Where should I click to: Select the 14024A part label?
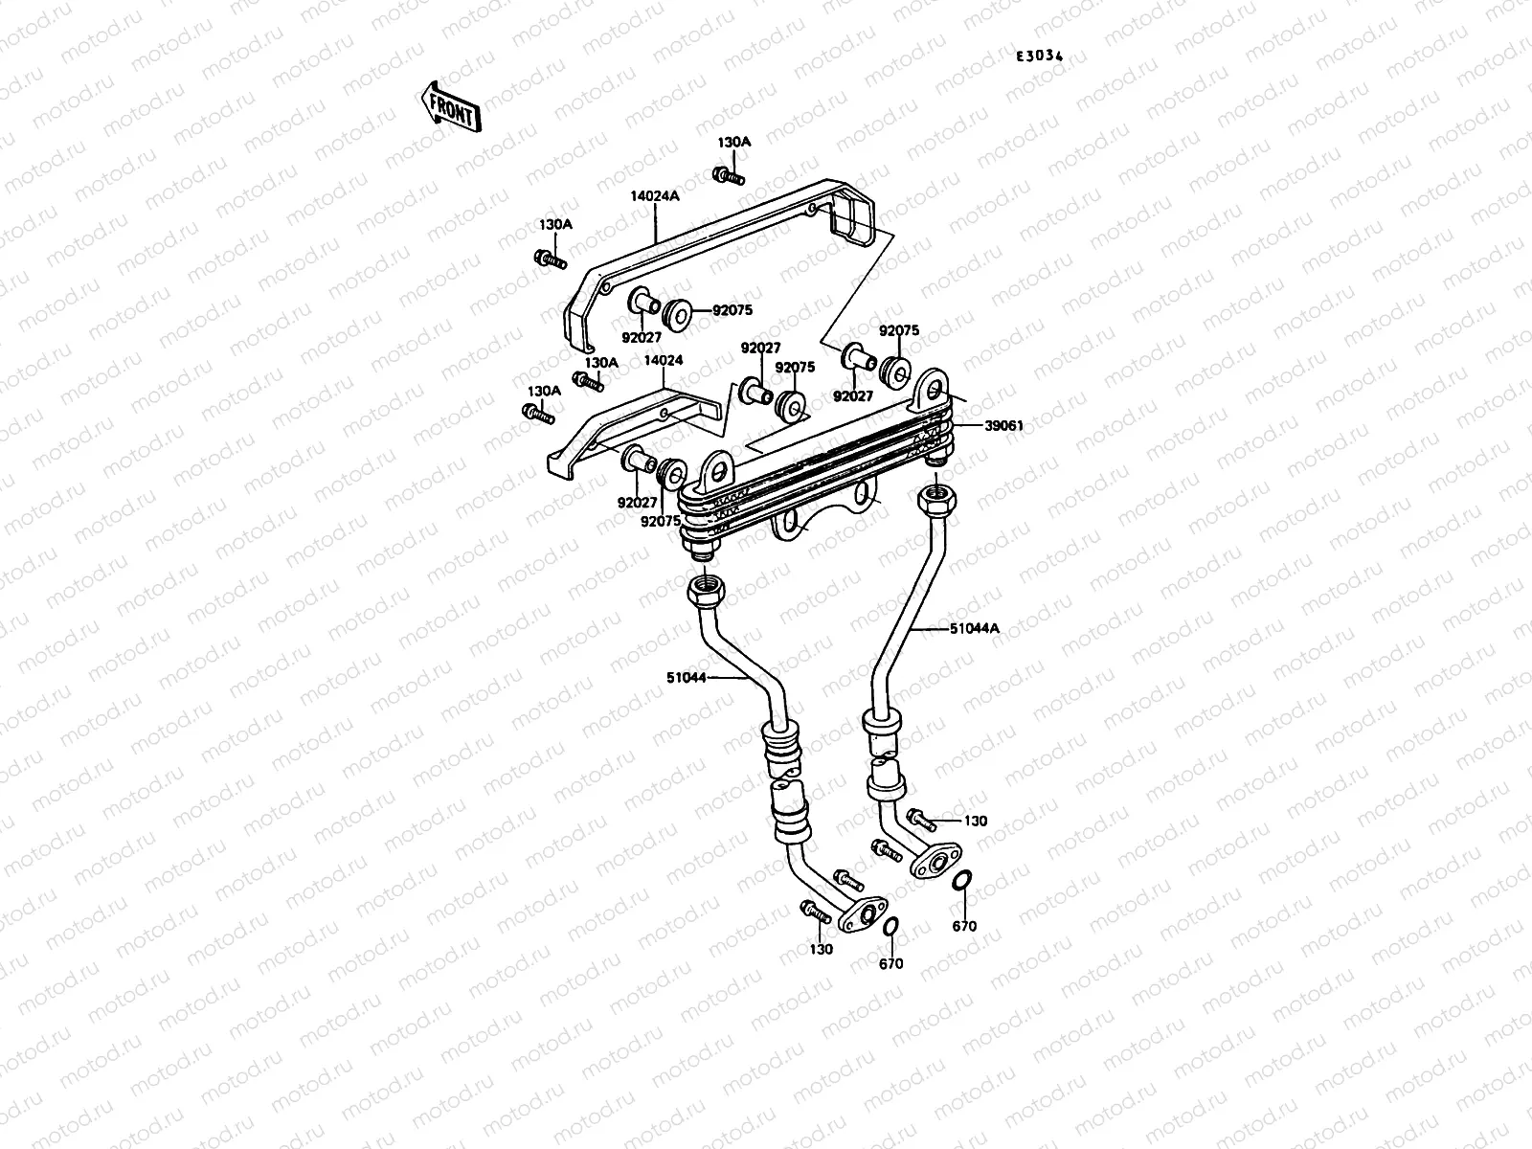[x=654, y=195]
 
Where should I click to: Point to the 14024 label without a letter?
[x=663, y=361]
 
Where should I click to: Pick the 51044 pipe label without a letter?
[x=687, y=677]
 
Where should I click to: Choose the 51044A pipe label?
[x=975, y=629]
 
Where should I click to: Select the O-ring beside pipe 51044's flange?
[x=890, y=927]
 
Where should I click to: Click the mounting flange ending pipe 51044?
[x=862, y=913]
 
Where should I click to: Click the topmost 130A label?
[x=734, y=142]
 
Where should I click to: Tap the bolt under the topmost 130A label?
[x=729, y=175]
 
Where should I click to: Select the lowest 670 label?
[x=890, y=964]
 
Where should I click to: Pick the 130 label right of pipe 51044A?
[x=975, y=821]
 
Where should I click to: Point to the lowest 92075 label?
[x=662, y=522]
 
